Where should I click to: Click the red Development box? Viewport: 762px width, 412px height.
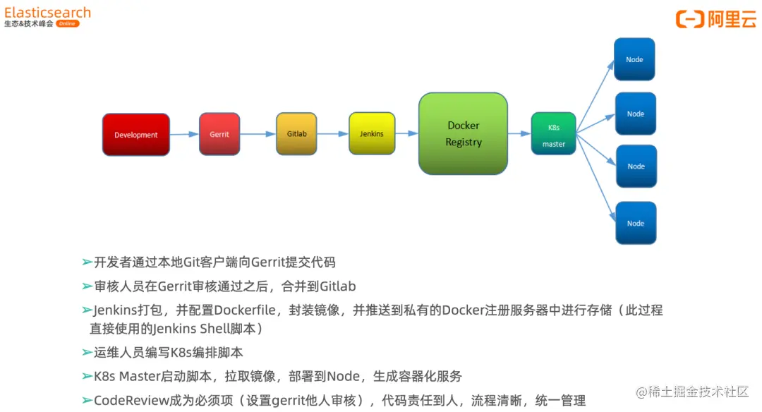tap(136, 135)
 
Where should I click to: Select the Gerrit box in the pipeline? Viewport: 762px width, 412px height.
tap(219, 134)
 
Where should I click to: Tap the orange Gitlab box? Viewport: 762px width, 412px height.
tap(297, 133)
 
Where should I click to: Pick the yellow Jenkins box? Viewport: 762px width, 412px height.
tap(372, 133)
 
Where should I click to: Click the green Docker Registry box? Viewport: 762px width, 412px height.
tap(464, 133)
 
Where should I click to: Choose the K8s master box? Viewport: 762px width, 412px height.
tap(554, 134)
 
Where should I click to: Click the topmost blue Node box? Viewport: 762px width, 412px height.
tap(634, 59)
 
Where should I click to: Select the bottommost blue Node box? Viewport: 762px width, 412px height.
tap(636, 223)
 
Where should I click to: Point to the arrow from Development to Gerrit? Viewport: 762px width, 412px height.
tap(184, 134)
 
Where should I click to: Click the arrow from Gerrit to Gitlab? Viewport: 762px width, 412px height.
tap(258, 133)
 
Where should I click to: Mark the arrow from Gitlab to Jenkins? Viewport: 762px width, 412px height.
tap(333, 133)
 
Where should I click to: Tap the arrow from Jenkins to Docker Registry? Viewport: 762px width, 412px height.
tap(406, 133)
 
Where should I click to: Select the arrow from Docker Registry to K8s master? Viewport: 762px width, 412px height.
tap(519, 133)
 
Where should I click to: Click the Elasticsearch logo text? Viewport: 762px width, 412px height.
tap(47, 12)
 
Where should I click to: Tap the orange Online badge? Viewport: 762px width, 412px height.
tap(68, 23)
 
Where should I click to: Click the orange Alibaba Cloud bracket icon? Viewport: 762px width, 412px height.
tap(689, 19)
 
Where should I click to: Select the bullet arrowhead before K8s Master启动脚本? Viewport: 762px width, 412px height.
tap(87, 376)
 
